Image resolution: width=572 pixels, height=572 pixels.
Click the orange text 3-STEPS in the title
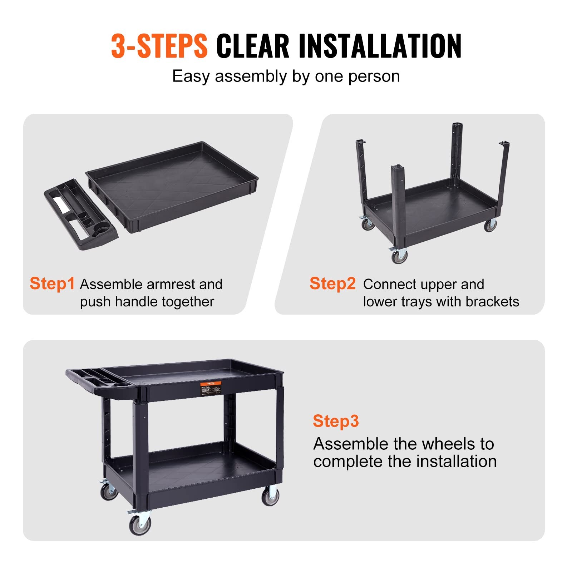click(x=159, y=46)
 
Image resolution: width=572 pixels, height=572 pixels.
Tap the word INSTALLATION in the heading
click(x=380, y=46)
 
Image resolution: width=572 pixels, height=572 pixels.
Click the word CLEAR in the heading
click(x=252, y=46)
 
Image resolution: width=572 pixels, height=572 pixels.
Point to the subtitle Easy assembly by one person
click(x=286, y=76)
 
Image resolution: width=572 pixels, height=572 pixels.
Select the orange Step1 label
click(x=52, y=283)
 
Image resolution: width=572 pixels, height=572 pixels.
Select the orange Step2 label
click(x=332, y=283)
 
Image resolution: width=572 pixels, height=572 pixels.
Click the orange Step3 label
click(x=335, y=421)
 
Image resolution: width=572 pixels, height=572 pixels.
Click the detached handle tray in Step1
click(x=81, y=214)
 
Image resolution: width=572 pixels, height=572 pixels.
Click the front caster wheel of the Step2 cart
click(x=399, y=256)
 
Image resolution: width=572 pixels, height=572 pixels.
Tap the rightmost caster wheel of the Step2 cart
click(x=490, y=225)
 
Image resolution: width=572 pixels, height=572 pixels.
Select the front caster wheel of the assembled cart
click(x=140, y=524)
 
